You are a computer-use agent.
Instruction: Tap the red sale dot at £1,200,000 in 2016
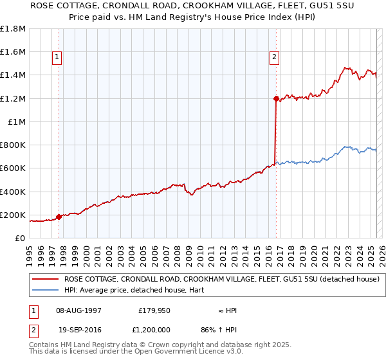276,98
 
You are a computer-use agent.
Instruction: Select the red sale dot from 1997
59,217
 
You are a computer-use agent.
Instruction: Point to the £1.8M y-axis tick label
13,29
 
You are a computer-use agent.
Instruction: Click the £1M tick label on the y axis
17,122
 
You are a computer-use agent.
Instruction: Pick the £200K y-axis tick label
13,215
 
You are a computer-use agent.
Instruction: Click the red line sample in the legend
46,279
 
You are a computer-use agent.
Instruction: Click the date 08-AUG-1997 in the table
78,310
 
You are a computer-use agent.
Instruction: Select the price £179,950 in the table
154,310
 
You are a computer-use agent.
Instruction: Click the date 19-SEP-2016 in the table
79,330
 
